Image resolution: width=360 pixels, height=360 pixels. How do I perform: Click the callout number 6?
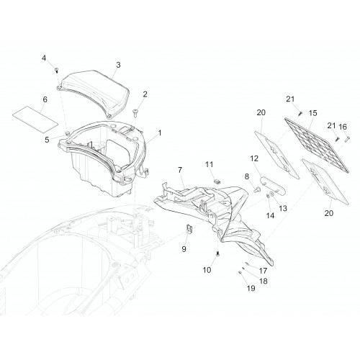(x=45, y=99)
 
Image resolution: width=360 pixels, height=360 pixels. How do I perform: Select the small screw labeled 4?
(x=57, y=70)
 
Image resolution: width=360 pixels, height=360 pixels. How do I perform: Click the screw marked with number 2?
(x=135, y=113)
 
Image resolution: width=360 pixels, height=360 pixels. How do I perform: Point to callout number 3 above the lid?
(x=118, y=65)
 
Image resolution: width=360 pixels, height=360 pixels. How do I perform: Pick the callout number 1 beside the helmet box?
(x=160, y=132)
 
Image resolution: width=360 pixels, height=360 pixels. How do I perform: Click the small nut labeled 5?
(x=67, y=132)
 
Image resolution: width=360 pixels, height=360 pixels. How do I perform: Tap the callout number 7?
(x=180, y=170)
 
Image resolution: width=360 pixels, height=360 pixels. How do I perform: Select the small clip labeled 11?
(x=217, y=181)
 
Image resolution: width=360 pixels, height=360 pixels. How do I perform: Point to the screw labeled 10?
(x=218, y=253)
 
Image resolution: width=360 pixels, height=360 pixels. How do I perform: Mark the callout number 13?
(x=283, y=208)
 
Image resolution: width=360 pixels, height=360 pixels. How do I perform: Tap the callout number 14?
(x=270, y=215)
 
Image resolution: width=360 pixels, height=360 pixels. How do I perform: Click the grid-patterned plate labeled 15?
(x=316, y=145)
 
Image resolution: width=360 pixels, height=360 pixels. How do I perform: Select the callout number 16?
(x=343, y=127)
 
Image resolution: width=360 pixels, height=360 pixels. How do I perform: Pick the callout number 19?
(x=251, y=288)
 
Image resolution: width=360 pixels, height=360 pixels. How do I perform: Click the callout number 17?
(x=263, y=271)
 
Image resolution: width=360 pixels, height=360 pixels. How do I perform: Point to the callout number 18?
(x=264, y=281)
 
